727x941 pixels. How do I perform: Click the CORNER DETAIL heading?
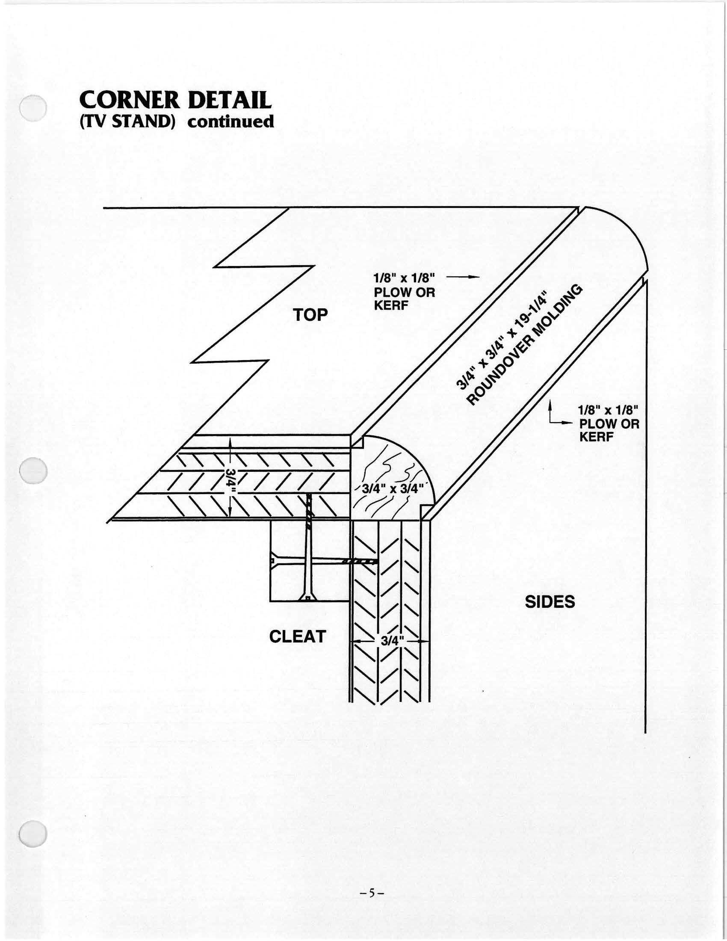pyautogui.click(x=175, y=101)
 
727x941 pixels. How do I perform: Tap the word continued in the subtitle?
pyautogui.click(x=231, y=122)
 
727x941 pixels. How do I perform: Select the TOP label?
pyautogui.click(x=310, y=315)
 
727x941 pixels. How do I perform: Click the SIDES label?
pyautogui.click(x=550, y=602)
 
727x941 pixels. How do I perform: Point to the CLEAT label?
pyautogui.click(x=297, y=636)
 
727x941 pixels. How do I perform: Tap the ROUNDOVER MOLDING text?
pyautogui.click(x=525, y=345)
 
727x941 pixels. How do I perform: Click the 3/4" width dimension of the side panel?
pyautogui.click(x=390, y=641)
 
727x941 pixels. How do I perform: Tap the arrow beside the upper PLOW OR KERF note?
pyautogui.click(x=464, y=276)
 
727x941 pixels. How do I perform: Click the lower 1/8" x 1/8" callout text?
pyautogui.click(x=608, y=409)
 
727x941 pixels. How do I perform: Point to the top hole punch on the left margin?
pyautogui.click(x=34, y=107)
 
